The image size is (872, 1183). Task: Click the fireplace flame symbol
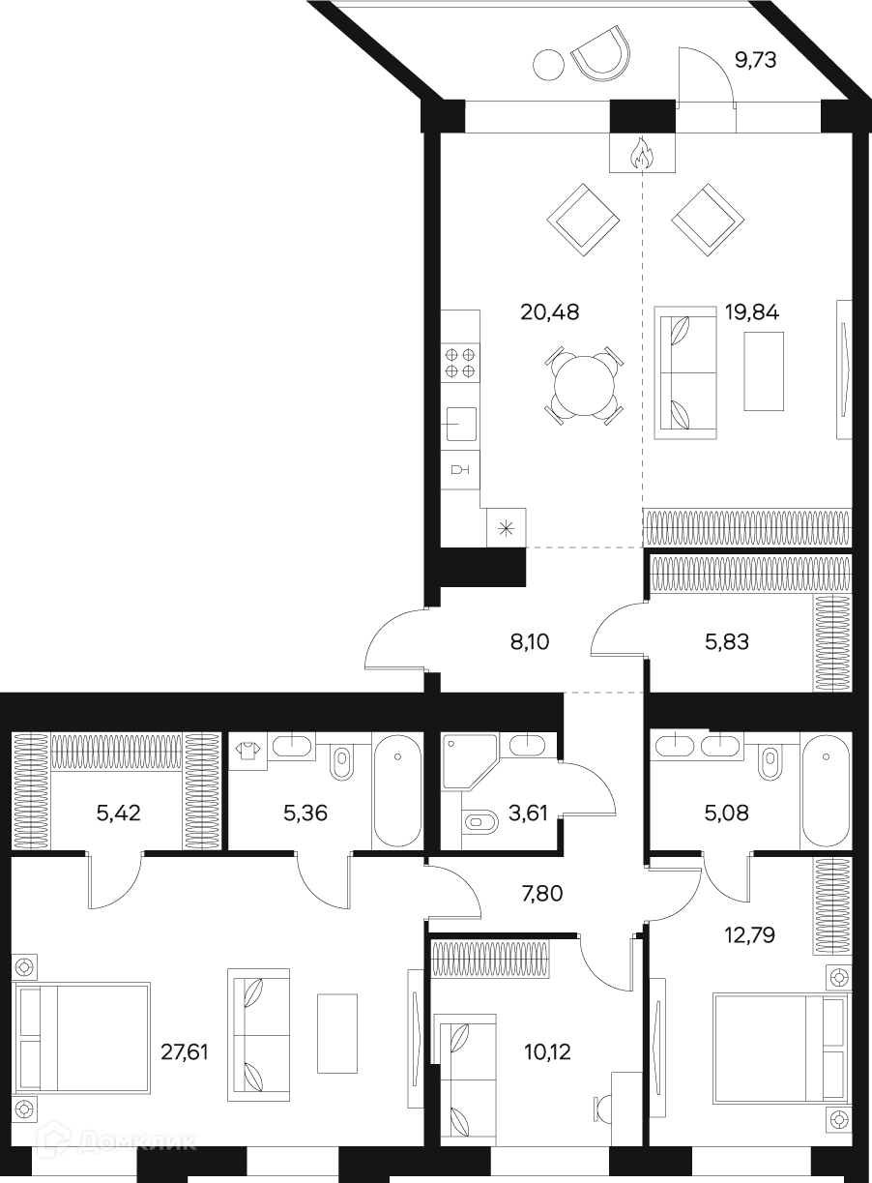click(x=642, y=154)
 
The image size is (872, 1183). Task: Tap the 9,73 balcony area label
click(x=756, y=60)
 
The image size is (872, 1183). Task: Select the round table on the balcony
click(x=549, y=65)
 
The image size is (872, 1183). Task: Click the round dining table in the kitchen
click(x=585, y=386)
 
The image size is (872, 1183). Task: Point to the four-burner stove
click(x=460, y=363)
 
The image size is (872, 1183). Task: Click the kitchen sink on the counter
click(x=461, y=424)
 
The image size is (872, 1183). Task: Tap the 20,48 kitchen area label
click(x=550, y=312)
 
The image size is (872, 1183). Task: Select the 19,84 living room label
click(x=752, y=312)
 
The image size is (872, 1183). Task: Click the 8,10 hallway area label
click(x=530, y=642)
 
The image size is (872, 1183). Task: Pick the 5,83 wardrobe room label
click(x=727, y=642)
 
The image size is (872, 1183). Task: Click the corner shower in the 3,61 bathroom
click(x=469, y=761)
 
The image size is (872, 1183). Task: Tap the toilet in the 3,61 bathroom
click(x=480, y=822)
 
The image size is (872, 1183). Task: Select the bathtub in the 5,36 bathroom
click(x=397, y=790)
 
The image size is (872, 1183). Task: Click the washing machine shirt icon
click(x=247, y=751)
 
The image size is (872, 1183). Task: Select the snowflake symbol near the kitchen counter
click(x=507, y=527)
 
